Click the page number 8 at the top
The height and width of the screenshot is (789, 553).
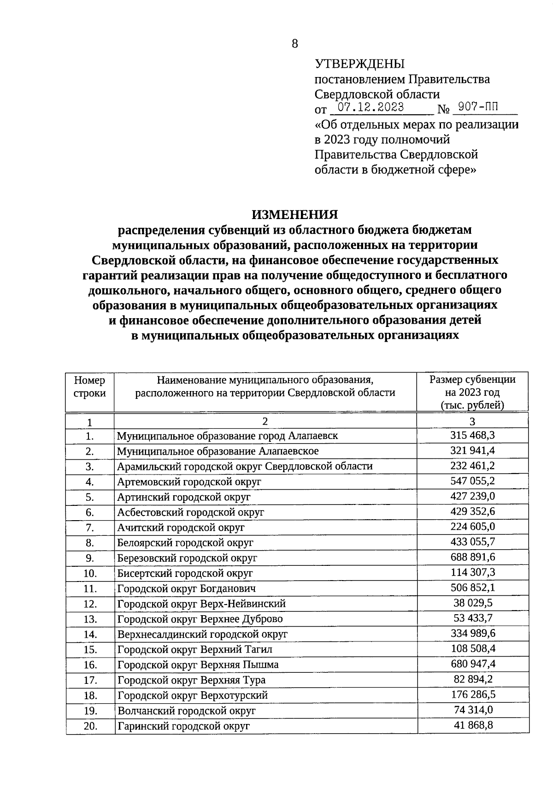pyautogui.click(x=295, y=44)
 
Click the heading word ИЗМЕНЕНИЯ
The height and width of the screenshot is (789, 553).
pyautogui.click(x=294, y=214)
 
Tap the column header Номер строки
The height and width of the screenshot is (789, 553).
pyautogui.click(x=89, y=386)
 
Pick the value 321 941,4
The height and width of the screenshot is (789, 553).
pyautogui.click(x=472, y=451)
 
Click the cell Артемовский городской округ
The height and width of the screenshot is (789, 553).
pyautogui.click(x=189, y=482)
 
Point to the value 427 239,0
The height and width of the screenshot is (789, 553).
pyautogui.click(x=472, y=496)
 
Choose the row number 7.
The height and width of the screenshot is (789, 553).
pyautogui.click(x=89, y=528)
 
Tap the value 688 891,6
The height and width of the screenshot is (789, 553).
pyautogui.click(x=472, y=557)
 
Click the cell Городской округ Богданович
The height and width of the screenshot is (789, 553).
pyautogui.click(x=187, y=588)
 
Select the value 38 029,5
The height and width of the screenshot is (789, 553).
pyautogui.click(x=472, y=603)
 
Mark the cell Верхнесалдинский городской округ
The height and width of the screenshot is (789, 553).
pyautogui.click(x=202, y=634)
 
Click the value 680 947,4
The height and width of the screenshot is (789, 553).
pyautogui.click(x=472, y=664)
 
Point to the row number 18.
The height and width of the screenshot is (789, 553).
pyautogui.click(x=90, y=695)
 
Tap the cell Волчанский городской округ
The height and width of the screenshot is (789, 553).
pyautogui.click(x=186, y=711)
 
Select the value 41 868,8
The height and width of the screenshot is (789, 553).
pyautogui.click(x=472, y=725)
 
